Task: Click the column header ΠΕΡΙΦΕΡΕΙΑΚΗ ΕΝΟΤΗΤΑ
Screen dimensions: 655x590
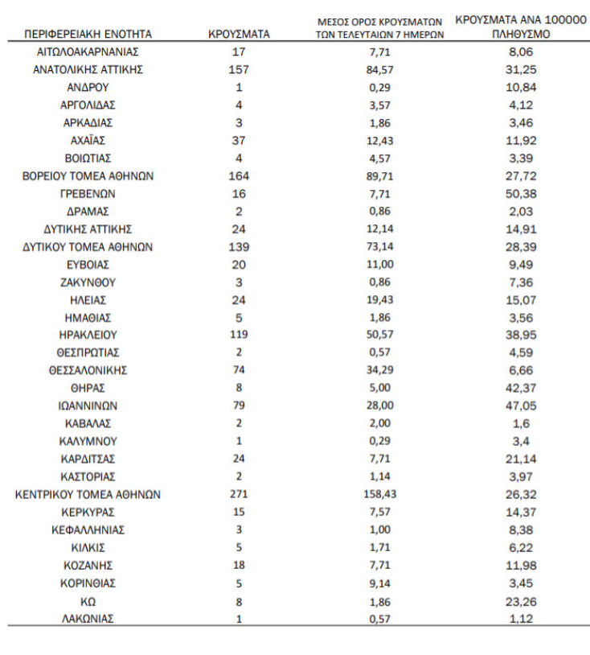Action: [x=88, y=35]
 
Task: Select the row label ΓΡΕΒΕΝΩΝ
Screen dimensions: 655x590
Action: [x=88, y=194]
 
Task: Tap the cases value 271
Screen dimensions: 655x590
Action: [x=239, y=495]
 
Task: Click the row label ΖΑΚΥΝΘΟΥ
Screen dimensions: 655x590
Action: [x=88, y=282]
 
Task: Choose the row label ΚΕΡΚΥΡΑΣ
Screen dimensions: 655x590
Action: [x=88, y=513]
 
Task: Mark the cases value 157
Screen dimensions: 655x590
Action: [x=239, y=70]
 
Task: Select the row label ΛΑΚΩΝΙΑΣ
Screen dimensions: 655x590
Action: [x=88, y=619]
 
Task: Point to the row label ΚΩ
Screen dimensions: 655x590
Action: [x=88, y=601]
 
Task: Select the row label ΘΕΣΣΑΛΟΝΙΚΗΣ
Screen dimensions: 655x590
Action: [x=88, y=371]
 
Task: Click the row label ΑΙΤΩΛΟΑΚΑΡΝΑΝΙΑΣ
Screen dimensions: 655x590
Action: [x=88, y=52]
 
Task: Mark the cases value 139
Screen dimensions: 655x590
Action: [x=239, y=247]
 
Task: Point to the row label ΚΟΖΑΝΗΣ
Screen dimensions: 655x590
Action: [x=88, y=566]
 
